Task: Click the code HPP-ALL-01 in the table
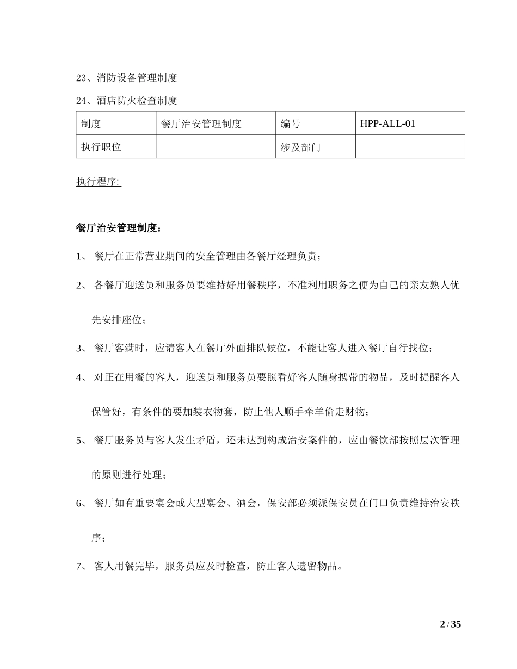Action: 387,123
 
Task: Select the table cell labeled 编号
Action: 290,123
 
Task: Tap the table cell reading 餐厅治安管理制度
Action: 201,123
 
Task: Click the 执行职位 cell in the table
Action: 101,147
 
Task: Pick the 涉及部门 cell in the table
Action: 300,147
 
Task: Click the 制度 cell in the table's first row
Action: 91,123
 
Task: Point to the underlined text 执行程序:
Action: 99,182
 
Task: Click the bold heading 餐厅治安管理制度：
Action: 119,227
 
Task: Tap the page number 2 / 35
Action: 450,624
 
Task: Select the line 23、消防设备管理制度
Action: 126,78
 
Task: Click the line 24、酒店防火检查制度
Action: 126,101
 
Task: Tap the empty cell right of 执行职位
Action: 216,147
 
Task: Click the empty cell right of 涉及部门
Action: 410,147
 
